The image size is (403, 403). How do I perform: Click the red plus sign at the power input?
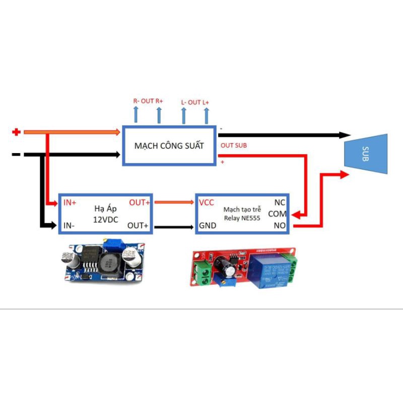(x=16, y=132)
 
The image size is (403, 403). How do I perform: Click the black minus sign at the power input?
(x=16, y=154)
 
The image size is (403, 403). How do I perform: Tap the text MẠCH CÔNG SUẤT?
(x=169, y=146)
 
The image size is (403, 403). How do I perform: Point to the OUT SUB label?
(x=234, y=145)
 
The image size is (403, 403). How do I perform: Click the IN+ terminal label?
(x=70, y=203)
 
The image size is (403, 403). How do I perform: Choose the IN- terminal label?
(x=69, y=226)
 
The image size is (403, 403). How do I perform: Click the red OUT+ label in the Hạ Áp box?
(x=139, y=203)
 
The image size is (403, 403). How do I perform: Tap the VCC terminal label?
(x=207, y=203)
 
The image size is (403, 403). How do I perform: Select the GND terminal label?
(x=208, y=226)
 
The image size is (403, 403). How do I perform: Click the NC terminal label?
(x=280, y=203)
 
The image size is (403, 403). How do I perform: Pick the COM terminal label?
(x=277, y=214)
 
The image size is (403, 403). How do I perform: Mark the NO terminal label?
(x=280, y=226)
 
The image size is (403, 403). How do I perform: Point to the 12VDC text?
(x=105, y=220)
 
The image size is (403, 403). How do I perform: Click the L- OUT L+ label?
(x=195, y=102)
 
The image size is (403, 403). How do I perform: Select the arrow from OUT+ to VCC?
(x=174, y=203)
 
